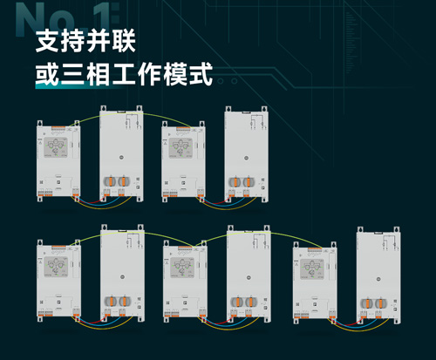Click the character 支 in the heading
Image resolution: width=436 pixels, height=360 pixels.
(x=47, y=41)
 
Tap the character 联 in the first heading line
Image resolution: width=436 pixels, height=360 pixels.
(x=124, y=41)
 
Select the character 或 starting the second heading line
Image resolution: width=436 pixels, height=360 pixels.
(x=47, y=75)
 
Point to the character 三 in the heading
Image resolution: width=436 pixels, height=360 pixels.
(x=72, y=75)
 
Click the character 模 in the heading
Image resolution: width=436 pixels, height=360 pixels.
(x=175, y=75)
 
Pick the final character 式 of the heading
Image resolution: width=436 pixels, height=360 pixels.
(x=201, y=75)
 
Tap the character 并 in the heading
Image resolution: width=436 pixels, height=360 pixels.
(x=99, y=41)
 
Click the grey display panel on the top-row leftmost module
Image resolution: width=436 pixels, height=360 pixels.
(x=56, y=147)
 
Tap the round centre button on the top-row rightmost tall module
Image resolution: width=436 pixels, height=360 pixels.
(x=246, y=158)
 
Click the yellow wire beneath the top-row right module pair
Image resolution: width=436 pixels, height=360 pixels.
(x=228, y=207)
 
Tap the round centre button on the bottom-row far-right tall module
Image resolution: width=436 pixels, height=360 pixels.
(x=378, y=279)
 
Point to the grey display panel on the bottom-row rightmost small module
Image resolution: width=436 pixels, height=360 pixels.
(x=312, y=269)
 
